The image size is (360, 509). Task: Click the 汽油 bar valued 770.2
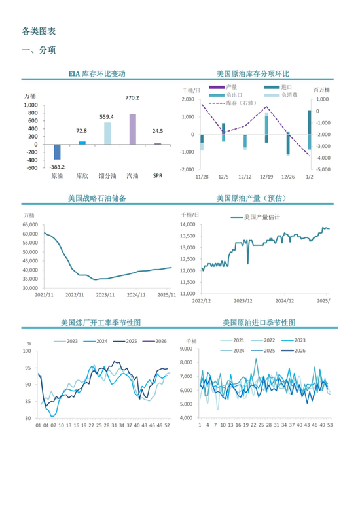click(132, 129)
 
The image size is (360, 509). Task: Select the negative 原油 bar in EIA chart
click(57, 152)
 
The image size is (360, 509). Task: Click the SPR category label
click(158, 176)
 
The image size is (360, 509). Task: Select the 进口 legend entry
click(280, 87)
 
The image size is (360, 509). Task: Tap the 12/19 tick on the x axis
click(266, 177)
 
